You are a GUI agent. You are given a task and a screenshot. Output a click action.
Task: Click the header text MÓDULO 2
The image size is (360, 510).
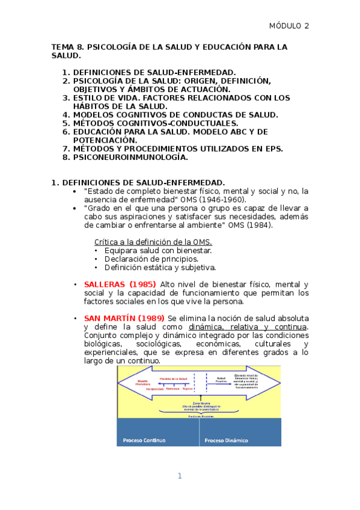tap(288, 26)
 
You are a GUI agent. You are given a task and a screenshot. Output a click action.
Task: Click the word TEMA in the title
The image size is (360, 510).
tap(62, 46)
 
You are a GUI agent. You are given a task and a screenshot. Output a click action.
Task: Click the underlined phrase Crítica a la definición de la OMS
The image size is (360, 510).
tap(153, 242)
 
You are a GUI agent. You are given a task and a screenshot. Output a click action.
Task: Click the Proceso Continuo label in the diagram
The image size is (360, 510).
tap(144, 440)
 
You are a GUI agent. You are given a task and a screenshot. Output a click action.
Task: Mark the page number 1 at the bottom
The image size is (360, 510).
tap(179, 476)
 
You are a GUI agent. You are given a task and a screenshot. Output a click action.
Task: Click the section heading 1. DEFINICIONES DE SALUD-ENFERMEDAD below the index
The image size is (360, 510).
tap(138, 183)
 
